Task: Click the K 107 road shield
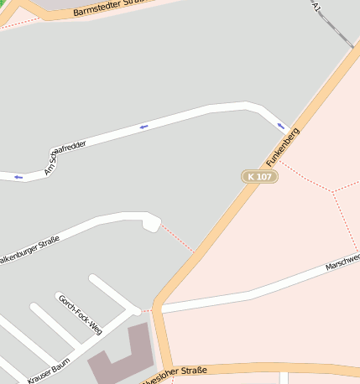[260, 176]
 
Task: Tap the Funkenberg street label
[283, 146]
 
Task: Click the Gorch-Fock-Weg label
[79, 314]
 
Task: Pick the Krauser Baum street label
[48, 366]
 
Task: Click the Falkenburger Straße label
[29, 251]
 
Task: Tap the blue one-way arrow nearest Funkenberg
[282, 126]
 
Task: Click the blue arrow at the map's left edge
[18, 177]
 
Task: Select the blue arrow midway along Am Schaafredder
[143, 127]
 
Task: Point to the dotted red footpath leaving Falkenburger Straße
[177, 238]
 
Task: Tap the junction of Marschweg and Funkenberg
[159, 309]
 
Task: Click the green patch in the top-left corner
[4, 6]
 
